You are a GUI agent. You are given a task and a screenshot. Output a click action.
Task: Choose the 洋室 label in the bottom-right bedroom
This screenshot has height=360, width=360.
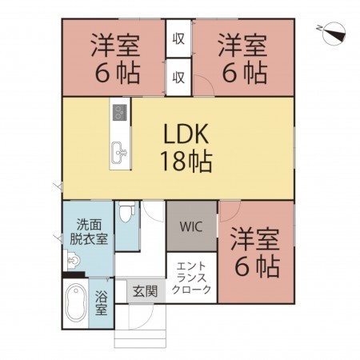(256, 238)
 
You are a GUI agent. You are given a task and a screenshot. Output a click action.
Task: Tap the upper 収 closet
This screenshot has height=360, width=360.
(180, 38)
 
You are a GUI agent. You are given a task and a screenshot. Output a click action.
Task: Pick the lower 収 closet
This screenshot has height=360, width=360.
(180, 77)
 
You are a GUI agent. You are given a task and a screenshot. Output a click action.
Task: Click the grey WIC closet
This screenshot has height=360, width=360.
(190, 226)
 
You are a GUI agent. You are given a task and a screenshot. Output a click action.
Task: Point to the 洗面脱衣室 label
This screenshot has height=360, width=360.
(89, 232)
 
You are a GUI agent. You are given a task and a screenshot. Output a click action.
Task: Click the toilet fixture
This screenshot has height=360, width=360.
(126, 214)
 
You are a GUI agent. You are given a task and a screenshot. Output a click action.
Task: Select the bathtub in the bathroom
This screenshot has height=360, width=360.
(76, 305)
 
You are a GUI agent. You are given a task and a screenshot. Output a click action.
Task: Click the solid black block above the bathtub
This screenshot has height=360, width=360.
(73, 276)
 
